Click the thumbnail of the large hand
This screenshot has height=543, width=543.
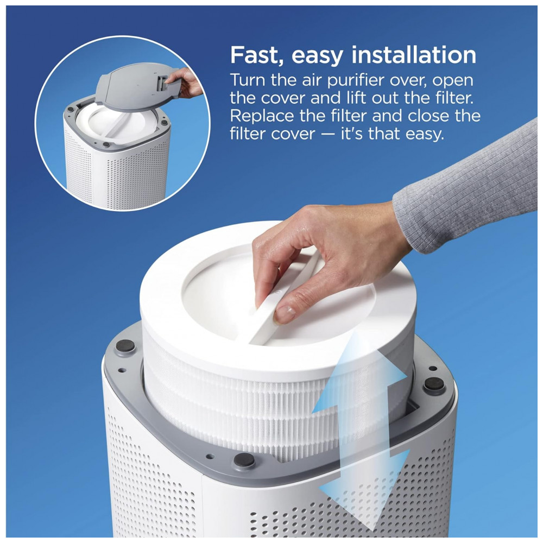click(x=285, y=314)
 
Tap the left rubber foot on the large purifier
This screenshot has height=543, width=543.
click(x=125, y=345)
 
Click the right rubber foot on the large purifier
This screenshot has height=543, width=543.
click(x=434, y=384)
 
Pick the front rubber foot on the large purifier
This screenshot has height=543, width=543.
click(x=244, y=460)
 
